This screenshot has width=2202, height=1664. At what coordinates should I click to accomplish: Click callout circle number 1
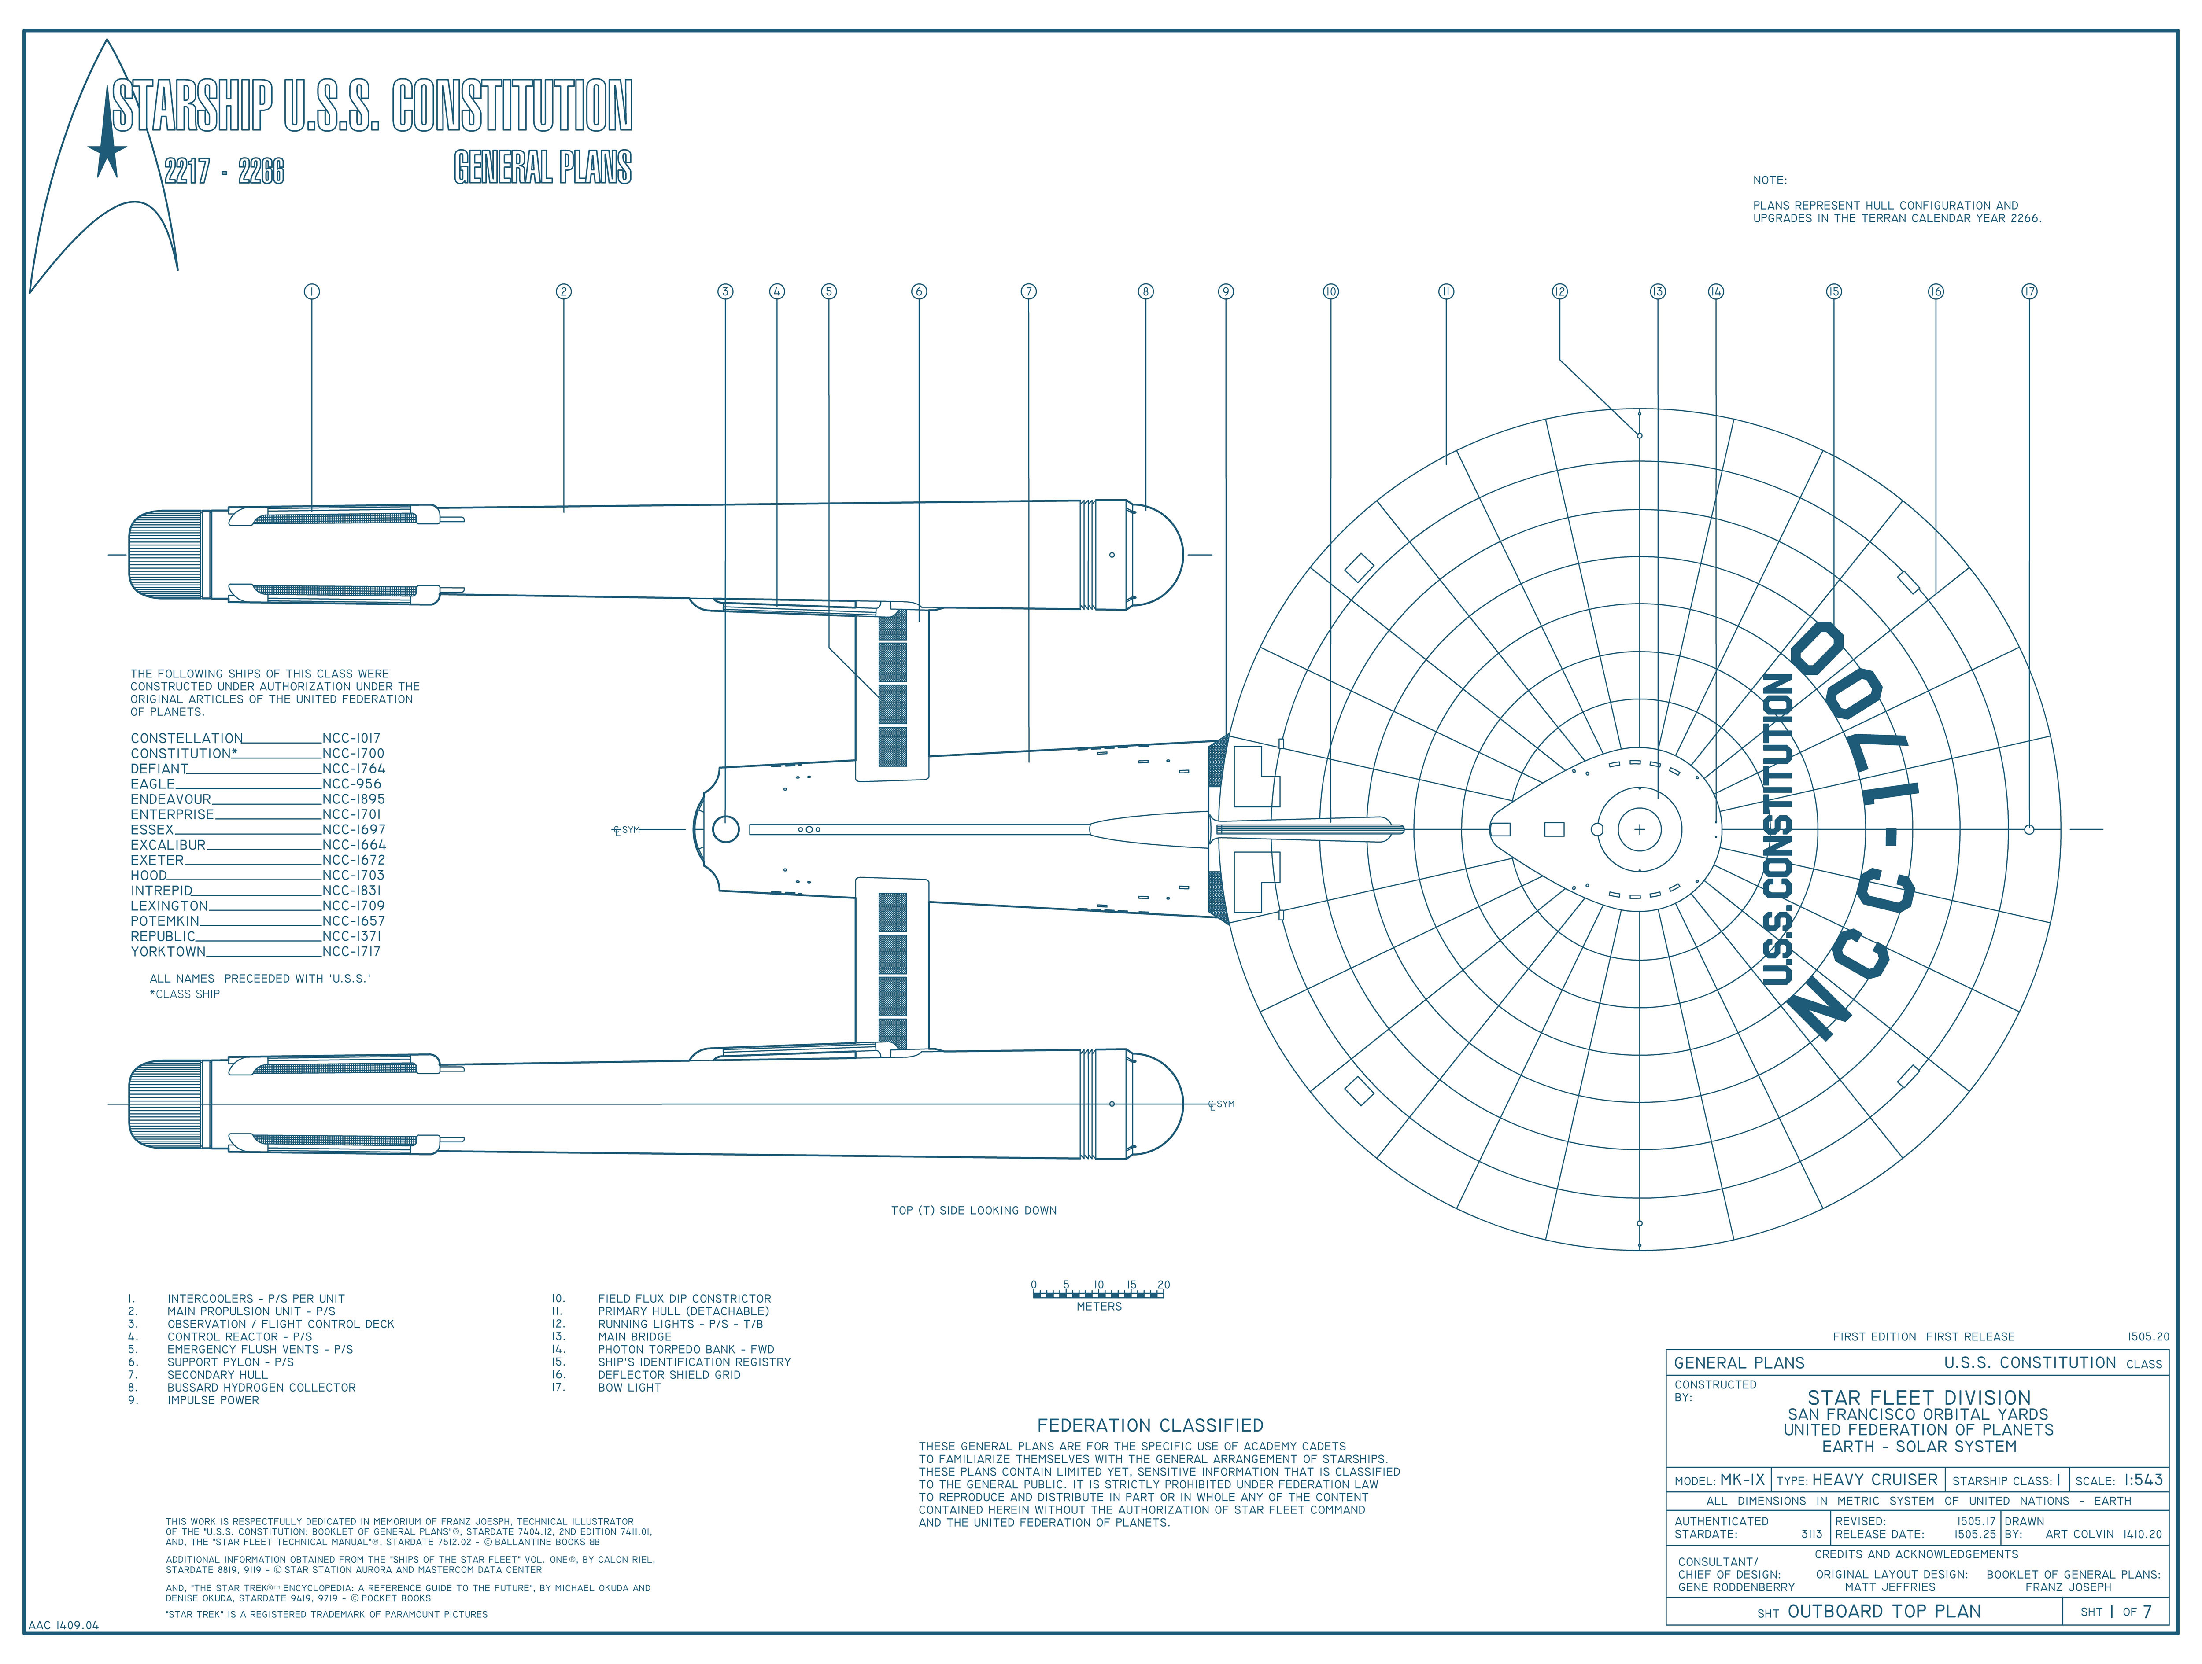tap(312, 291)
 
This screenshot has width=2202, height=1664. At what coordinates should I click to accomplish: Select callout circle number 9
tap(1226, 291)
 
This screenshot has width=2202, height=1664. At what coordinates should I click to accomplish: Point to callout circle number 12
tap(1559, 291)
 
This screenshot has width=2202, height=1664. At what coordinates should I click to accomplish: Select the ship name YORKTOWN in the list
tap(167, 951)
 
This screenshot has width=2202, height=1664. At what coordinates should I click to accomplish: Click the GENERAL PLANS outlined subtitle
tap(543, 167)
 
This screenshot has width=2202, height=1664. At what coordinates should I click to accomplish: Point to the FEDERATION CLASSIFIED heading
tap(1150, 1425)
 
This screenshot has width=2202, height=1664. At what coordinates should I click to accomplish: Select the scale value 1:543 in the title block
tap(2142, 1480)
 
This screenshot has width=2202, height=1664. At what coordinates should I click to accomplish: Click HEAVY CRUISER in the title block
tap(1874, 1480)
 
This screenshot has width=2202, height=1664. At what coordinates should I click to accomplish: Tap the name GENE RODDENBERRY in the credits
tap(1736, 1587)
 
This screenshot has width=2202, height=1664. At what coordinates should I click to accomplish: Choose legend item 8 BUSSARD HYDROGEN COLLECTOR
tap(261, 1388)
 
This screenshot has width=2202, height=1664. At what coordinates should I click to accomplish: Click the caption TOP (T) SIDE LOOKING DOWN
tap(974, 1210)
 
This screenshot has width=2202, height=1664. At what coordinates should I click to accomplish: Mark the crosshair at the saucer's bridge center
tap(1640, 829)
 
